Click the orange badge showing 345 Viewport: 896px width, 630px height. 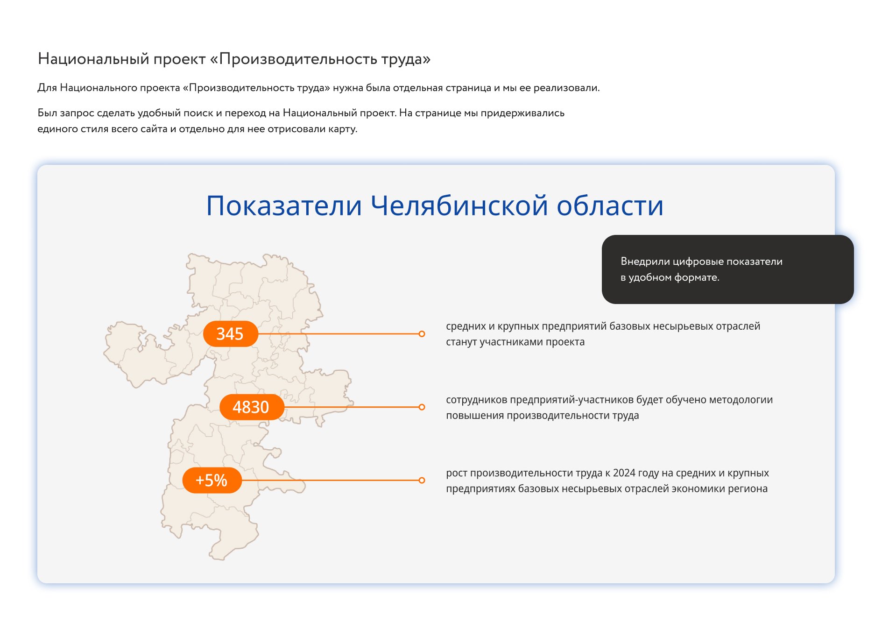pyautogui.click(x=230, y=334)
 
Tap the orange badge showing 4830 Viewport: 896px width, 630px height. pyautogui.click(x=252, y=407)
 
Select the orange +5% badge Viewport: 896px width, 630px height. pyautogui.click(x=212, y=480)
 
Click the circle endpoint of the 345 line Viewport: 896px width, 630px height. pyautogui.click(x=422, y=334)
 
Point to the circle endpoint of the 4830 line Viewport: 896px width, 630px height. pyautogui.click(x=422, y=407)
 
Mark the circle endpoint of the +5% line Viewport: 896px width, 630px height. pyautogui.click(x=422, y=480)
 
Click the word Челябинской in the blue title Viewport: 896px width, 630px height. pyautogui.click(x=459, y=205)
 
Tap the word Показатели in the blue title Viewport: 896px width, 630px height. pyautogui.click(x=284, y=206)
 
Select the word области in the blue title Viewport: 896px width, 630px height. pyautogui.click(x=610, y=206)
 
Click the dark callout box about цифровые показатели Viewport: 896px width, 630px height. pyautogui.click(x=727, y=269)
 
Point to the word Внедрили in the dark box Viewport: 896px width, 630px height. pyautogui.click(x=645, y=262)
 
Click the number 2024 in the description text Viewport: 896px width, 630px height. pyautogui.click(x=624, y=473)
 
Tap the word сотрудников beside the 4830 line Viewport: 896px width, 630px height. pyautogui.click(x=477, y=400)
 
